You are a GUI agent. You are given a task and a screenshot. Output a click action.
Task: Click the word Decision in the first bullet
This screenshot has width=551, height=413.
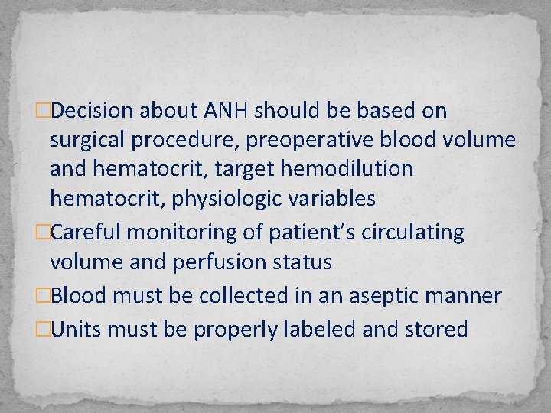(x=94, y=111)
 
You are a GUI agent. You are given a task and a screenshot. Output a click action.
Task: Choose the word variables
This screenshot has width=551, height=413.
(x=329, y=199)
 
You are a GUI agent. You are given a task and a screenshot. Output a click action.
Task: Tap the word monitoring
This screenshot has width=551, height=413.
(x=190, y=233)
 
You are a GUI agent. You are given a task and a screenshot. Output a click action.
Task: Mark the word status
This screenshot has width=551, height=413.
(x=305, y=262)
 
